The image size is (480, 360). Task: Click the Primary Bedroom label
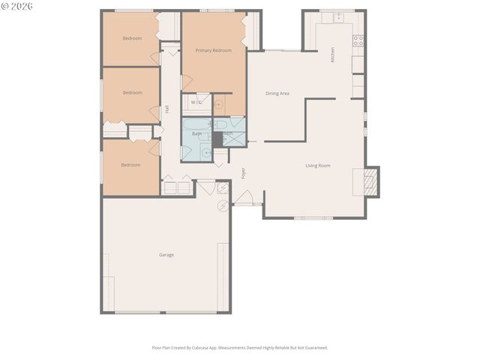pyautogui.click(x=213, y=50)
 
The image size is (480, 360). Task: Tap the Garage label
pyautogui.click(x=166, y=255)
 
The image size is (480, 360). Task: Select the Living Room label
pyautogui.click(x=318, y=166)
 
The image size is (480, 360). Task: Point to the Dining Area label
pyautogui.click(x=277, y=94)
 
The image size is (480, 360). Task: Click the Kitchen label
pyautogui.click(x=333, y=55)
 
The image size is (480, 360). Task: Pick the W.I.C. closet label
pyautogui.click(x=196, y=102)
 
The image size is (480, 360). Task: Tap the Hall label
pyautogui.click(x=166, y=109)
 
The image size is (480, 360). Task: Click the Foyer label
pyautogui.click(x=243, y=173)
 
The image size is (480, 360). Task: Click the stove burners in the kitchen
pyautogui.click(x=358, y=40)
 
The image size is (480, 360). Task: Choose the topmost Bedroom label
pyautogui.click(x=132, y=38)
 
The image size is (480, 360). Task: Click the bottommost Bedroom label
pyautogui.click(x=130, y=165)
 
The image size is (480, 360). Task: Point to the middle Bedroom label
pyautogui.click(x=132, y=92)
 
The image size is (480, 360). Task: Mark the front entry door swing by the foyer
pyautogui.click(x=244, y=196)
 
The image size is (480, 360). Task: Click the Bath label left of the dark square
pyautogui.click(x=196, y=133)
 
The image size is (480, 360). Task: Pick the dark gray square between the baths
pyautogui.click(x=217, y=139)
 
